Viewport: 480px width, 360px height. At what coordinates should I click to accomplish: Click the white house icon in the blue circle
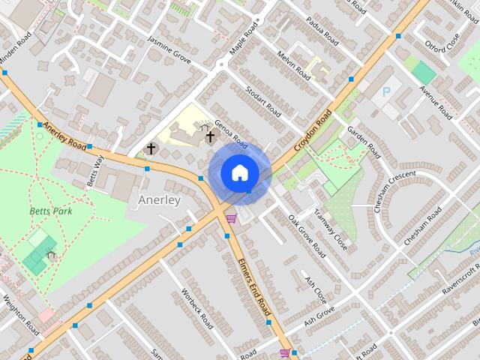point(239,172)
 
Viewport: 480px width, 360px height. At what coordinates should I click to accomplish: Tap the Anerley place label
point(160,200)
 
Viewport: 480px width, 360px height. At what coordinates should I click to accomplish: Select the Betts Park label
point(49,211)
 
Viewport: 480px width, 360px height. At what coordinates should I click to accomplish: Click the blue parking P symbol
point(387,92)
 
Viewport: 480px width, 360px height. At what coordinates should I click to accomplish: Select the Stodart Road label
point(263,102)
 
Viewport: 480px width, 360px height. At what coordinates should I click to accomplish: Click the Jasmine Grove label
point(169,49)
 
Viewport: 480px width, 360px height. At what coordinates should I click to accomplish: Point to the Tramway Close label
point(331,229)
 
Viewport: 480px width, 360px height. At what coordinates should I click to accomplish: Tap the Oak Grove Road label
point(307,235)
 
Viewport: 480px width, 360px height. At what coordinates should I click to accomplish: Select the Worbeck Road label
point(196,308)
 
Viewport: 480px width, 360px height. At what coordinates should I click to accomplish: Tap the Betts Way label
point(94,170)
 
